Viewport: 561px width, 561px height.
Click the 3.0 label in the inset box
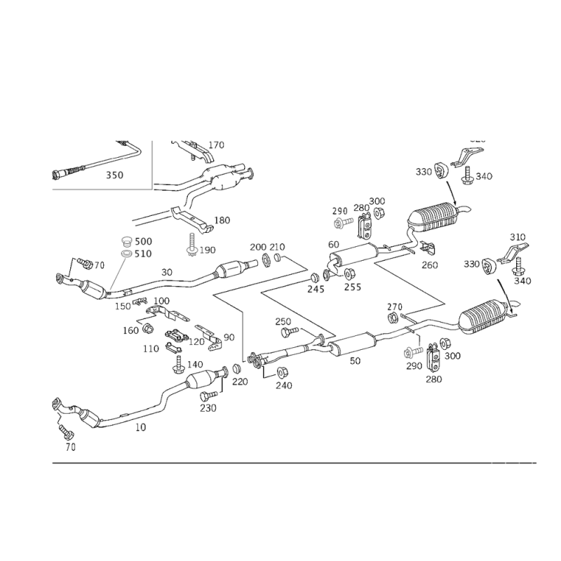(114, 175)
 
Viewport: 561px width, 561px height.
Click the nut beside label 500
(127, 242)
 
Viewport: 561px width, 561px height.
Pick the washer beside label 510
(127, 252)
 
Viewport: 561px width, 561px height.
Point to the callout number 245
(316, 286)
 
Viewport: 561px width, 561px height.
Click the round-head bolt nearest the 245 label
(339, 222)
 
